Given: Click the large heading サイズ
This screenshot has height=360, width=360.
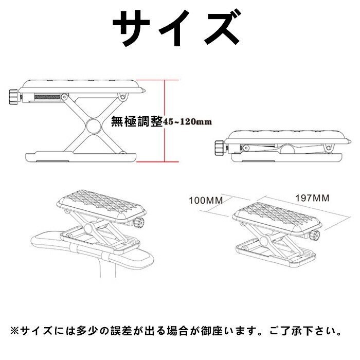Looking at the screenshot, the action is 176,28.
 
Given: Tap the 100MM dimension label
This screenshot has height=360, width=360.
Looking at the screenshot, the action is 206,201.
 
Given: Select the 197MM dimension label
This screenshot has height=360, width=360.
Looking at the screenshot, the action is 312,198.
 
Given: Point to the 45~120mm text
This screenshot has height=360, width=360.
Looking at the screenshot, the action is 187,121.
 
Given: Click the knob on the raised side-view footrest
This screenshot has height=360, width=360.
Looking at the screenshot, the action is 14,97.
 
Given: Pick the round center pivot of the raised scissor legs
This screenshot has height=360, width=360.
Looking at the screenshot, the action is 94,125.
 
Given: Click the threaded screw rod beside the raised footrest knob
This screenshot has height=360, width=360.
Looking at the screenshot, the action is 47,97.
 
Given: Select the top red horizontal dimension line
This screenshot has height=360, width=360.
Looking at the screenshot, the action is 158,80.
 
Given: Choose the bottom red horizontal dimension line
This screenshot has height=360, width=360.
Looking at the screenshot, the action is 158,161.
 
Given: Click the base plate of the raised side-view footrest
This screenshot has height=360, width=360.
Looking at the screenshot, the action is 81,156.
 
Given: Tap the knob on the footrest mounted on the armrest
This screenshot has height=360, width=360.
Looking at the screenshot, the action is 139,222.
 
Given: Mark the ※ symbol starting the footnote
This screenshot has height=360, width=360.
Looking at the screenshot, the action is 14,331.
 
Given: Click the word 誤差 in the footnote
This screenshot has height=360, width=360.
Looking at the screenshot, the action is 122,331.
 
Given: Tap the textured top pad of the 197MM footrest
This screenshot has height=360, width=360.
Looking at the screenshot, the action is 276,214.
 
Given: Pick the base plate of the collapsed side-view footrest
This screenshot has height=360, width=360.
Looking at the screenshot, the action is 287,157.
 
